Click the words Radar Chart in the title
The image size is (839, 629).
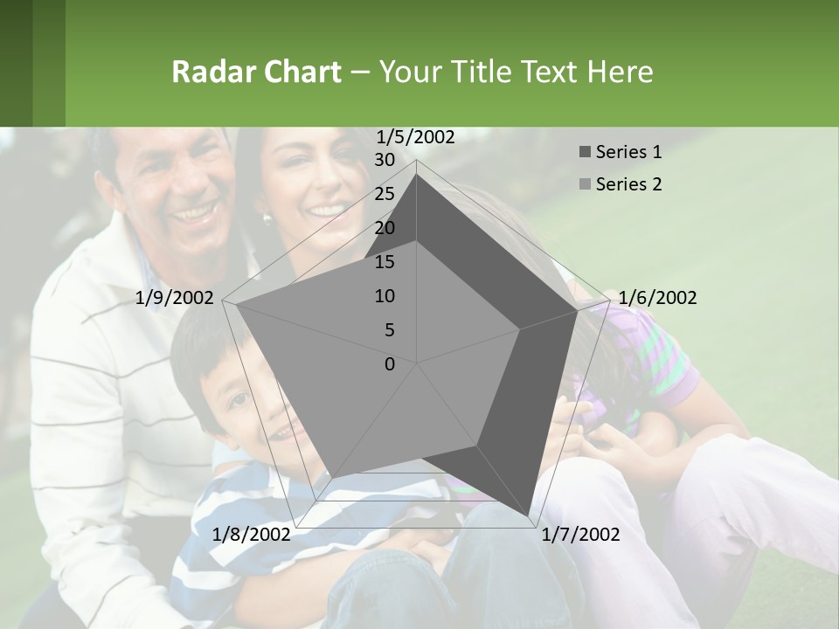pos(256,72)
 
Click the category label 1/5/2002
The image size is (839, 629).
pos(415,136)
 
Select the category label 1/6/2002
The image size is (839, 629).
pos(657,298)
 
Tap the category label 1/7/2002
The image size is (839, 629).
pos(580,535)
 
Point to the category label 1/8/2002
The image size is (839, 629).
pos(251,535)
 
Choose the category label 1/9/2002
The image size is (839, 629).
pos(174,298)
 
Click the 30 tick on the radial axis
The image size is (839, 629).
pos(384,160)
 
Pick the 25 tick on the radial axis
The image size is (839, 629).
pos(384,194)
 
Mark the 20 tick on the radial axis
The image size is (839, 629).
pos(384,228)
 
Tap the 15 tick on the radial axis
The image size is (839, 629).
pos(384,262)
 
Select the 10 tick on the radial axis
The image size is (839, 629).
pos(384,296)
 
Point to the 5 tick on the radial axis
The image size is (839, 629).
pos(389,330)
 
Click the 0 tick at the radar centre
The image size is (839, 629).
pos(389,364)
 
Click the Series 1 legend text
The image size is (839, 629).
pos(628,152)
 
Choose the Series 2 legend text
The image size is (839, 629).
pos(628,184)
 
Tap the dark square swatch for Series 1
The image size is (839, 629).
pos(585,153)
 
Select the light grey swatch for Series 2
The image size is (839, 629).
pos(585,185)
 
